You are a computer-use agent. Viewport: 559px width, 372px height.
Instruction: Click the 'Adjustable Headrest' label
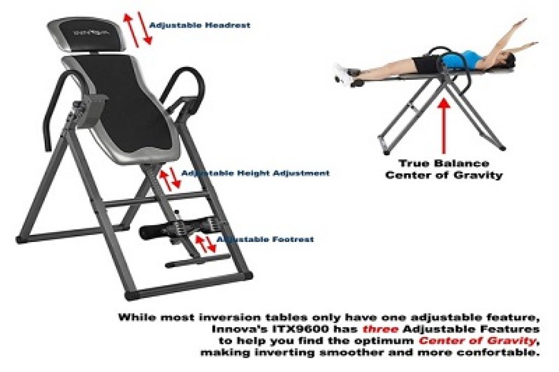click(x=200, y=25)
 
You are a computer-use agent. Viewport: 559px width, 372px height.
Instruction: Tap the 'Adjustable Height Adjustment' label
click(x=255, y=173)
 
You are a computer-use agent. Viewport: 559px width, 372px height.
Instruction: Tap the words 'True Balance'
click(x=444, y=163)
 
